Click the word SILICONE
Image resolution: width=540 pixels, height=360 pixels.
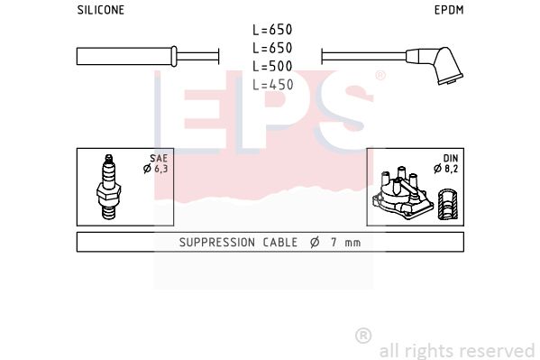pyautogui.click(x=101, y=10)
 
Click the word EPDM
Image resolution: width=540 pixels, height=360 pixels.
pyautogui.click(x=449, y=10)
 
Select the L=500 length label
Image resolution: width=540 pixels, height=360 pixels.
pyautogui.click(x=272, y=66)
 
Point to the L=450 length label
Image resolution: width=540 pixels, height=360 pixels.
pyautogui.click(x=272, y=85)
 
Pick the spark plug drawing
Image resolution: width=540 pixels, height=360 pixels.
pyautogui.click(x=108, y=187)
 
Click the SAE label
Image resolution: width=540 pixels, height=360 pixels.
pyautogui.click(x=159, y=158)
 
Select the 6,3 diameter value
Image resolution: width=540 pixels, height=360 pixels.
pyautogui.click(x=160, y=169)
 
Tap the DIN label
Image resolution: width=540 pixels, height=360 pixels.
pyautogui.click(x=451, y=158)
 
